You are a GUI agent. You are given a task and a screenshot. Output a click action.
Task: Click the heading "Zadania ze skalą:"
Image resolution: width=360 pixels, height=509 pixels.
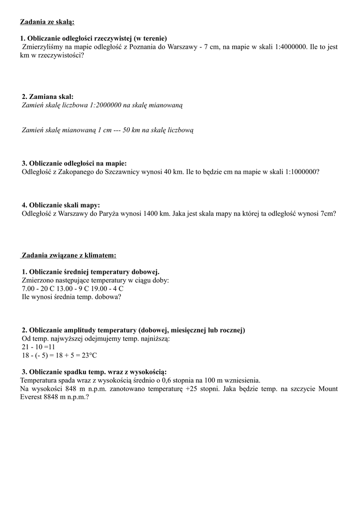[47, 22]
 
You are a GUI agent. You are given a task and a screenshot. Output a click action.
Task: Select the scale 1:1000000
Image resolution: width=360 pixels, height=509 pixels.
[300, 171]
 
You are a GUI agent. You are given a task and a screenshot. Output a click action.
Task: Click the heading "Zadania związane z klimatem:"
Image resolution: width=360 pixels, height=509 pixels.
[69, 255]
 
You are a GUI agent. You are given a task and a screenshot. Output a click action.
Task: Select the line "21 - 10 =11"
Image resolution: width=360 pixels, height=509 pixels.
[38, 346]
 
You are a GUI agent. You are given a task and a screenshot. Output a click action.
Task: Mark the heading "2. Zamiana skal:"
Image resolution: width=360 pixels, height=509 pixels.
[48, 96]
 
